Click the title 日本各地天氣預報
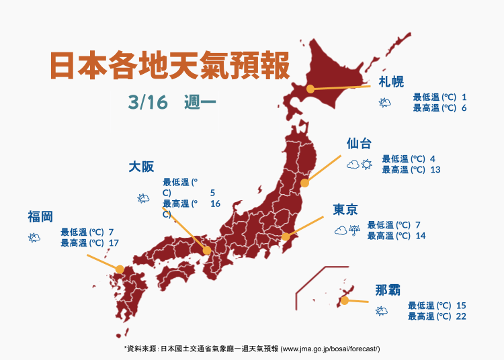click(x=169, y=65)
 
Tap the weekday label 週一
click(x=198, y=102)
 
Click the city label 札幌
click(x=391, y=82)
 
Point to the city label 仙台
click(x=359, y=144)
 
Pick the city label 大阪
click(x=142, y=167)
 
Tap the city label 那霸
click(x=388, y=290)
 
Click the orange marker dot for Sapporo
click(x=310, y=89)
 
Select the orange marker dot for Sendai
click(x=304, y=183)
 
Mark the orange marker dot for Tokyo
click(x=286, y=236)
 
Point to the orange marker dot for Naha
click(x=344, y=301)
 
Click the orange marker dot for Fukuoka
click(x=120, y=269)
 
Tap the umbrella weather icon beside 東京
click(x=355, y=231)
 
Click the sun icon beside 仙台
click(x=367, y=164)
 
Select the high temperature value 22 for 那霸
click(x=461, y=316)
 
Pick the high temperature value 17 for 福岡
click(x=114, y=242)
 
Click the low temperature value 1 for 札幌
click(x=464, y=97)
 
